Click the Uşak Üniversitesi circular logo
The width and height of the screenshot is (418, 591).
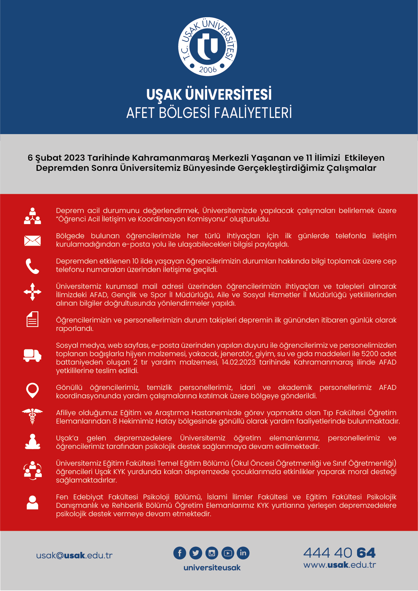click(207, 46)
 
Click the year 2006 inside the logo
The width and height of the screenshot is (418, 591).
click(207, 69)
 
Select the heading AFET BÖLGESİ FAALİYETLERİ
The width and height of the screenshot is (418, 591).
click(209, 113)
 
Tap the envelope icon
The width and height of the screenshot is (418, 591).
click(32, 241)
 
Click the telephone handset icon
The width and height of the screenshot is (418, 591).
click(32, 266)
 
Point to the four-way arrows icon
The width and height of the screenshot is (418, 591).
click(32, 291)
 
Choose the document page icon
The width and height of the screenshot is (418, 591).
click(32, 319)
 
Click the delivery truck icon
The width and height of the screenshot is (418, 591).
click(32, 355)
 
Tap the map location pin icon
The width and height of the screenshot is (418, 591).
click(32, 391)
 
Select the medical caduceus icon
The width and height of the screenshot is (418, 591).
click(32, 416)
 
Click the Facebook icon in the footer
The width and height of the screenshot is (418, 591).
click(180, 553)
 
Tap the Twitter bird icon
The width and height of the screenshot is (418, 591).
click(196, 553)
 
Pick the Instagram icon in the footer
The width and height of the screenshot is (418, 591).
click(212, 553)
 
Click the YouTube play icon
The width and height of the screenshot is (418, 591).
click(227, 553)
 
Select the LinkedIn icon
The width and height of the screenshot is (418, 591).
click(243, 553)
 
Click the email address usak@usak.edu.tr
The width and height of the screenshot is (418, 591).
click(74, 556)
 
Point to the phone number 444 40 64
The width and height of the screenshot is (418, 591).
click(339, 553)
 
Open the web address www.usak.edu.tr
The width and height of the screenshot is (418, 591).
click(340, 565)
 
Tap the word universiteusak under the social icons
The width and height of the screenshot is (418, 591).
click(212, 568)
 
